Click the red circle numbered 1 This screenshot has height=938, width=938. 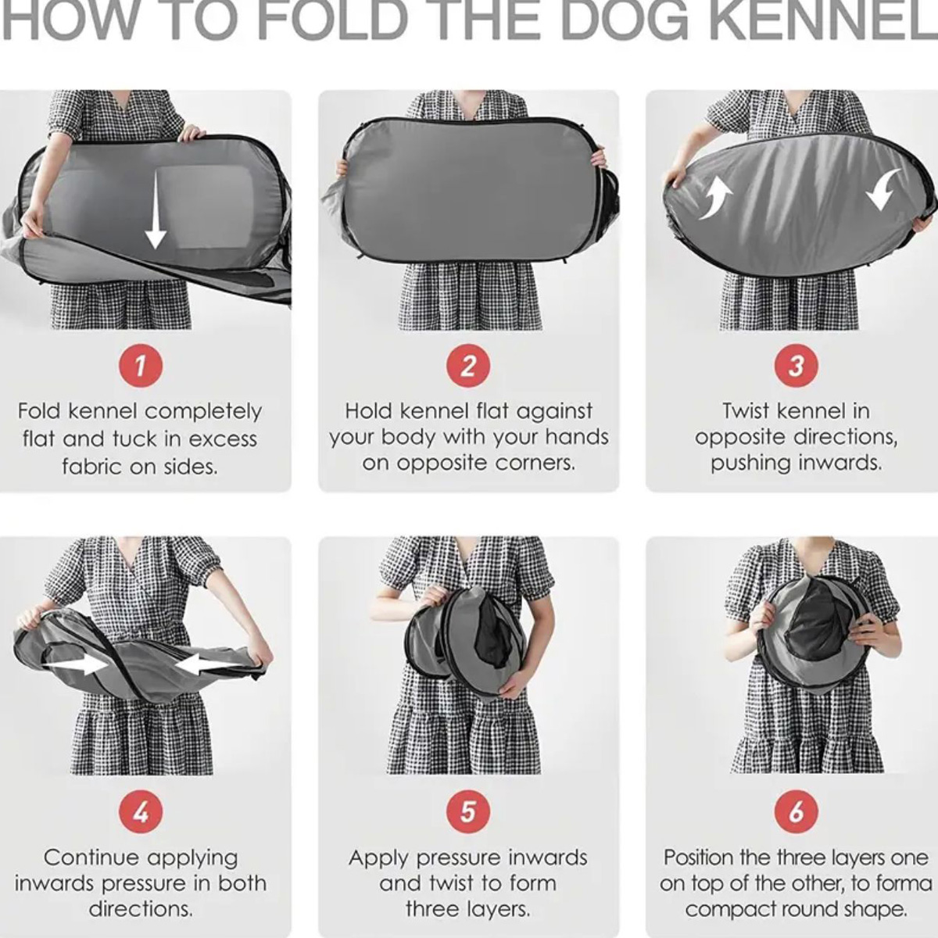(141, 366)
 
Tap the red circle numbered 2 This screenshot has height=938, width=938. (468, 366)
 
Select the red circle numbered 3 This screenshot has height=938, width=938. (797, 366)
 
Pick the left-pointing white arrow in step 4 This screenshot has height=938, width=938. (207, 664)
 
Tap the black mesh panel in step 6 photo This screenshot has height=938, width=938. (822, 618)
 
